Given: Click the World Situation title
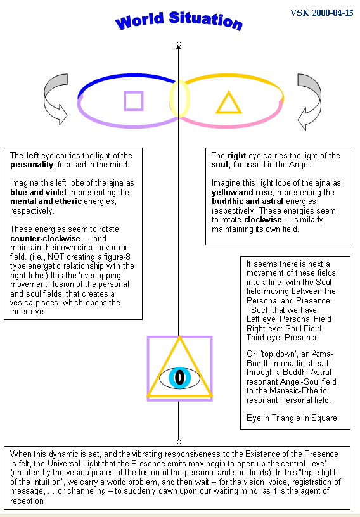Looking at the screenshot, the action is [179, 21].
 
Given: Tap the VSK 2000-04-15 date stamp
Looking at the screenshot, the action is [321, 13].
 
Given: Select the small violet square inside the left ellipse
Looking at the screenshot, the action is [134, 101].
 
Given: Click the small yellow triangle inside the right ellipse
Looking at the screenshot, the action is [229, 103].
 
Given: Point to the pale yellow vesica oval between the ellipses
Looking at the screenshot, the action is [170, 99].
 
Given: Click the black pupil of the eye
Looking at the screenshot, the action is [179, 377].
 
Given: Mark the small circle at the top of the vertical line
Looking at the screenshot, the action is [179, 44].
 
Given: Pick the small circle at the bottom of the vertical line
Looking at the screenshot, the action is [179, 442].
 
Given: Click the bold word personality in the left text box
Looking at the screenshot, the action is [32, 165].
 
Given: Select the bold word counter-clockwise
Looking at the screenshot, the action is [45, 238].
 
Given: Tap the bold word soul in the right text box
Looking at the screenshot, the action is [220, 164].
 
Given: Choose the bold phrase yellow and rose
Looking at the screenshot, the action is [242, 192].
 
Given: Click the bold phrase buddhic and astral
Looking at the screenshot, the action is [247, 201].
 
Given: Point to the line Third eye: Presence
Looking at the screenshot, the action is [283, 338].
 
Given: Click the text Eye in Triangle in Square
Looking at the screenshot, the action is [292, 418].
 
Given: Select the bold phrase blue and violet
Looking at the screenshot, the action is [38, 192].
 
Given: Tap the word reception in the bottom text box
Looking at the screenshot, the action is [27, 501].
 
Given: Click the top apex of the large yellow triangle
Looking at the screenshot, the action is [179, 336].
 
